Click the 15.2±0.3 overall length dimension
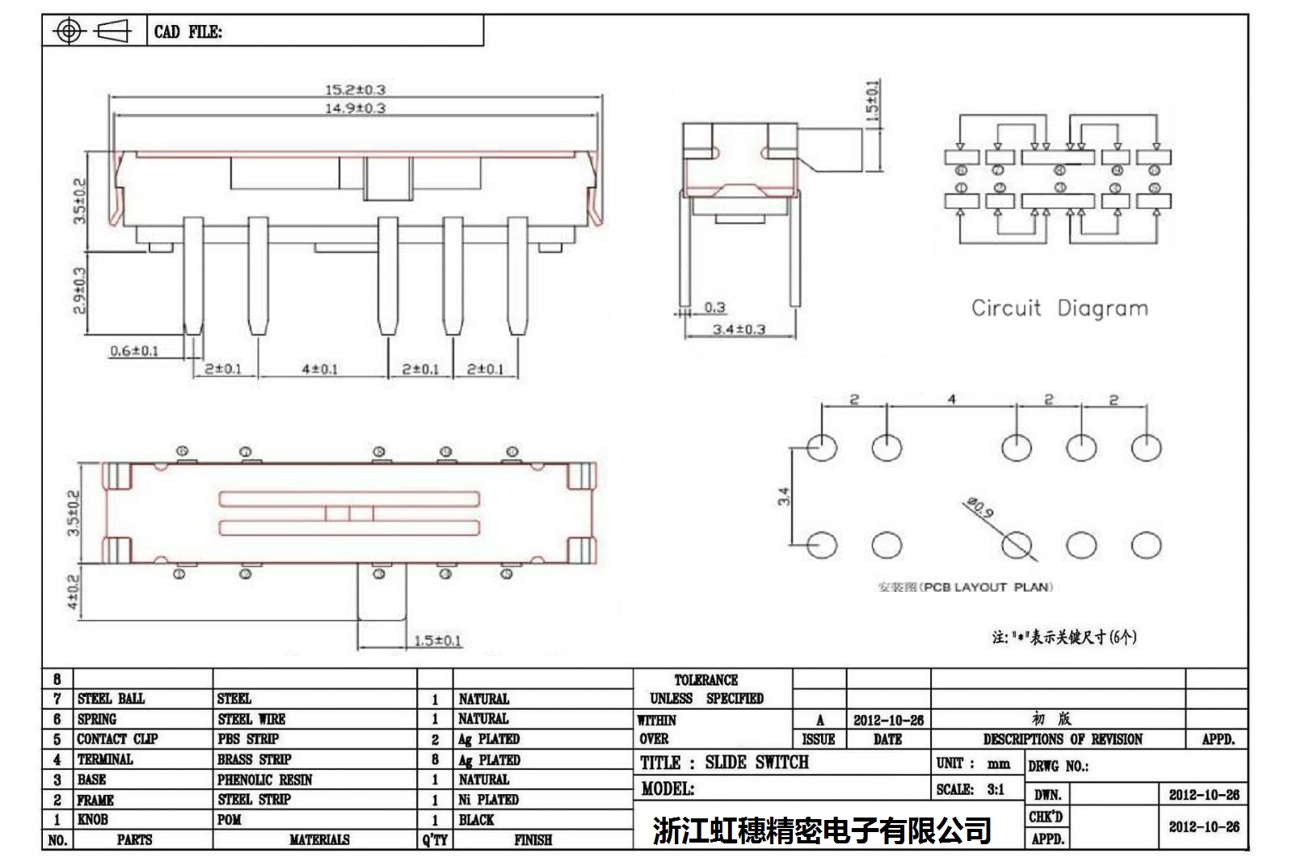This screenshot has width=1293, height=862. point(355,90)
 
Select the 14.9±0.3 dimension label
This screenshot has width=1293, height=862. point(355,108)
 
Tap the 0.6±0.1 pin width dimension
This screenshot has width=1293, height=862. point(134,351)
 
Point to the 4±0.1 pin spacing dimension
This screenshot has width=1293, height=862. point(320,370)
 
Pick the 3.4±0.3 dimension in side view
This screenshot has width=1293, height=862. point(739,330)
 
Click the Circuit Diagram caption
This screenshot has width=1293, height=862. point(1059,308)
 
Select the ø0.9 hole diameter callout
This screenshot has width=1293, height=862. point(979,509)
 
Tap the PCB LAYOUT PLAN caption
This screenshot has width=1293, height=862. point(965,587)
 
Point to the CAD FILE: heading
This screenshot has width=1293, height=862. point(188,32)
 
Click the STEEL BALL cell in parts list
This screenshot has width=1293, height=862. point(111,699)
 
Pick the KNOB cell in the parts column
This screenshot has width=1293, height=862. point(92,819)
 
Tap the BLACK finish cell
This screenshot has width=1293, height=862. point(476,820)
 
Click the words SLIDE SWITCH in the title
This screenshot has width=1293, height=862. point(756,763)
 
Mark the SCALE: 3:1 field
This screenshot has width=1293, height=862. point(970,789)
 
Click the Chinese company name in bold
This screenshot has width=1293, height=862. point(822,830)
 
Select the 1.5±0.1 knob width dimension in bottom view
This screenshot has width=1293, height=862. point(437,641)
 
